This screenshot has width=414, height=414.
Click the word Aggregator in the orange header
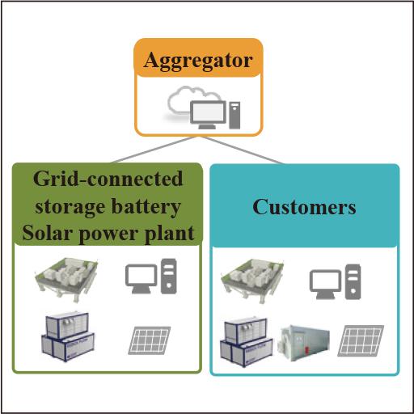[198, 61]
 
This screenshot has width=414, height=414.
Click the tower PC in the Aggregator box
[234, 113]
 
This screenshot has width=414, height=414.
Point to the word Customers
[304, 206]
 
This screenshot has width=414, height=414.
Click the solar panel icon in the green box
[149, 340]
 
